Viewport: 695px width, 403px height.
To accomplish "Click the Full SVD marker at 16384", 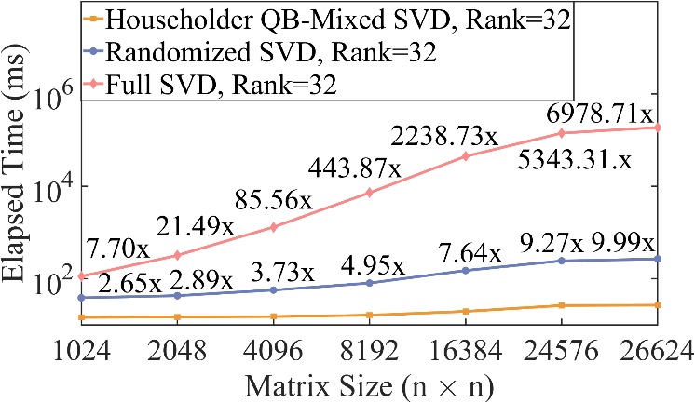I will [x=466, y=156].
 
